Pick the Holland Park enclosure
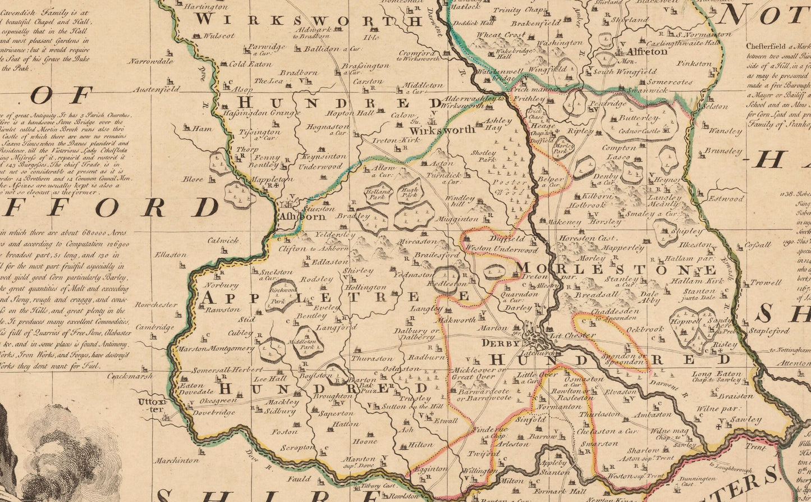tap(378, 194)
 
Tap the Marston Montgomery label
tap(216, 349)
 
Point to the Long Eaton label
tap(716, 374)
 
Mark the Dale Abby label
tap(650, 297)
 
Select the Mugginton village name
tap(457, 219)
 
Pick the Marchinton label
tap(177, 460)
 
